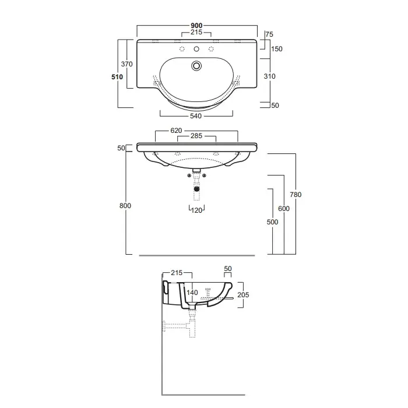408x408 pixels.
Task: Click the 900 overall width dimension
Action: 196,26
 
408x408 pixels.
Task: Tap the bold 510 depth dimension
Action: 117,77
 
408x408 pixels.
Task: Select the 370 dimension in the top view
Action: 126,64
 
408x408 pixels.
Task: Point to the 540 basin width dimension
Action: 196,116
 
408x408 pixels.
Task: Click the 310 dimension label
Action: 269,76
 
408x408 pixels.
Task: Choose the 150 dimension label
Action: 277,49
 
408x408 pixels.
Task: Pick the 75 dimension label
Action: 269,34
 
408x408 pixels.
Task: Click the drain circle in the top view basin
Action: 196,65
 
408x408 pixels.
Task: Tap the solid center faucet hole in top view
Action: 196,49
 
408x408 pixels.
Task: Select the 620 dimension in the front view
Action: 176,131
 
